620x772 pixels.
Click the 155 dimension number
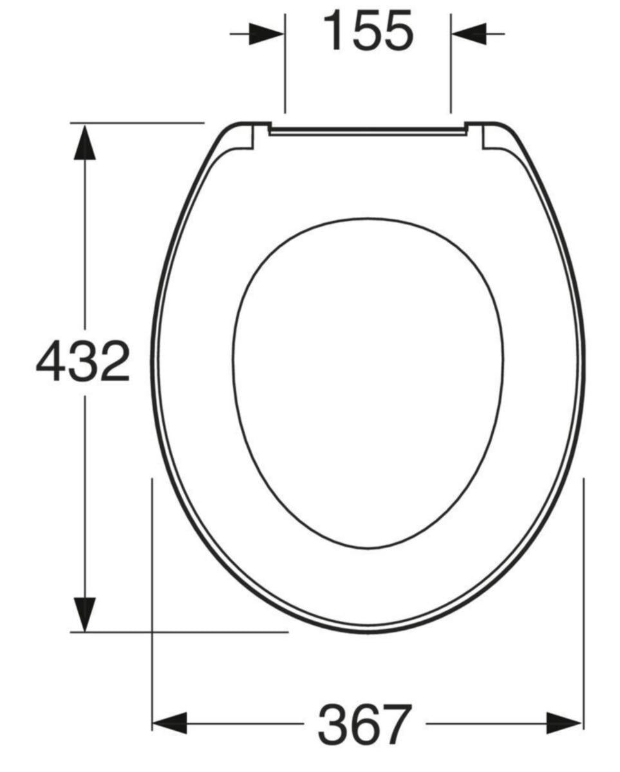click(x=367, y=31)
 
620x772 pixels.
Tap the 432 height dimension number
click(x=83, y=362)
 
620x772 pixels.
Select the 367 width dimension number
click(x=364, y=724)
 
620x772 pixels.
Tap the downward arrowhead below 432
click(x=84, y=614)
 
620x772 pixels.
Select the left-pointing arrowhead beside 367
click(x=169, y=723)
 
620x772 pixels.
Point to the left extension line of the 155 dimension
click(x=285, y=71)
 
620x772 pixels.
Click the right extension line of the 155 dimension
click(x=450, y=71)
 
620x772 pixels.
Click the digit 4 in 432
click(x=51, y=362)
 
